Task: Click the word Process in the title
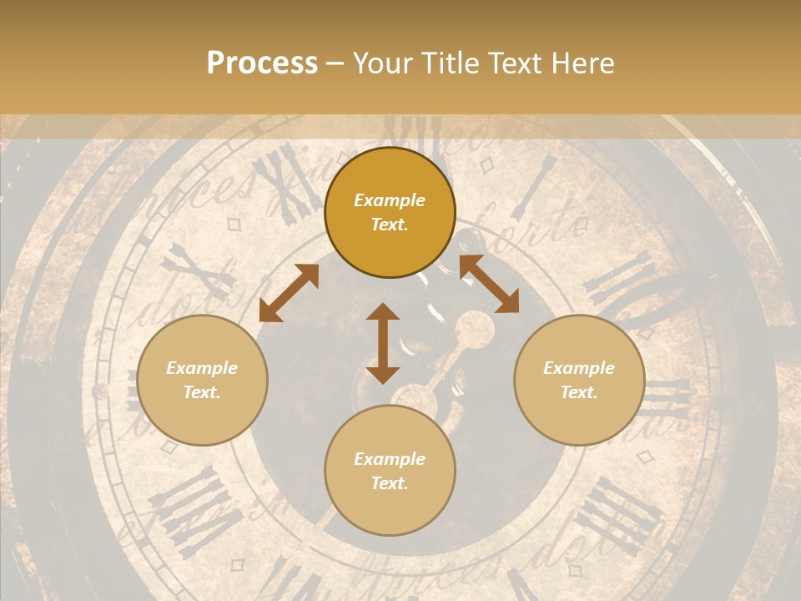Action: pos(262,63)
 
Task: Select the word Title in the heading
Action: pos(450,63)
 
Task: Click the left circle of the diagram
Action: pos(202,380)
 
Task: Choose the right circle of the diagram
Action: pos(579,380)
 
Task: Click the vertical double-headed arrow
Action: pos(383,343)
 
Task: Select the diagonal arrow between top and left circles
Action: pos(289,293)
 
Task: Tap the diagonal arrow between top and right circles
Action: pos(489,284)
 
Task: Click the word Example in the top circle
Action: pos(390,200)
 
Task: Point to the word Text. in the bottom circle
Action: pos(390,483)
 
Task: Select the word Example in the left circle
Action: pos(202,368)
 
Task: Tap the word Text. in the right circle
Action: pos(579,392)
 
